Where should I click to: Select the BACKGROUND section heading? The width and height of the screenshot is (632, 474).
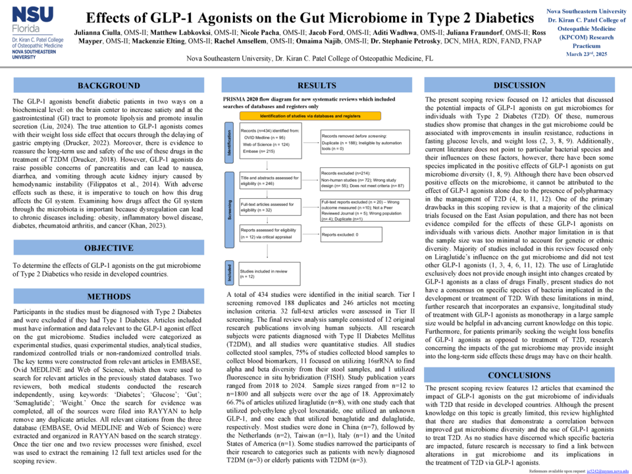click(109, 86)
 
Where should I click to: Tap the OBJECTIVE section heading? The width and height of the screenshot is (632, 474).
click(109, 248)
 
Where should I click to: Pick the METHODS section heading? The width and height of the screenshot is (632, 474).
click(109, 296)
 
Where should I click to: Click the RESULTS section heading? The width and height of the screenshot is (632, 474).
click(317, 86)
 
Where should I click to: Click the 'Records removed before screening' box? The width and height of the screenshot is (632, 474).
click(364, 140)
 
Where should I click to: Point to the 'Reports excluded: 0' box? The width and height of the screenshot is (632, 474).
click(364, 234)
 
